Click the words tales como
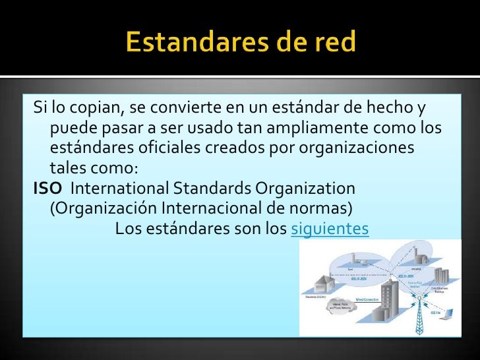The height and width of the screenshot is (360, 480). (x=94, y=167)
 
